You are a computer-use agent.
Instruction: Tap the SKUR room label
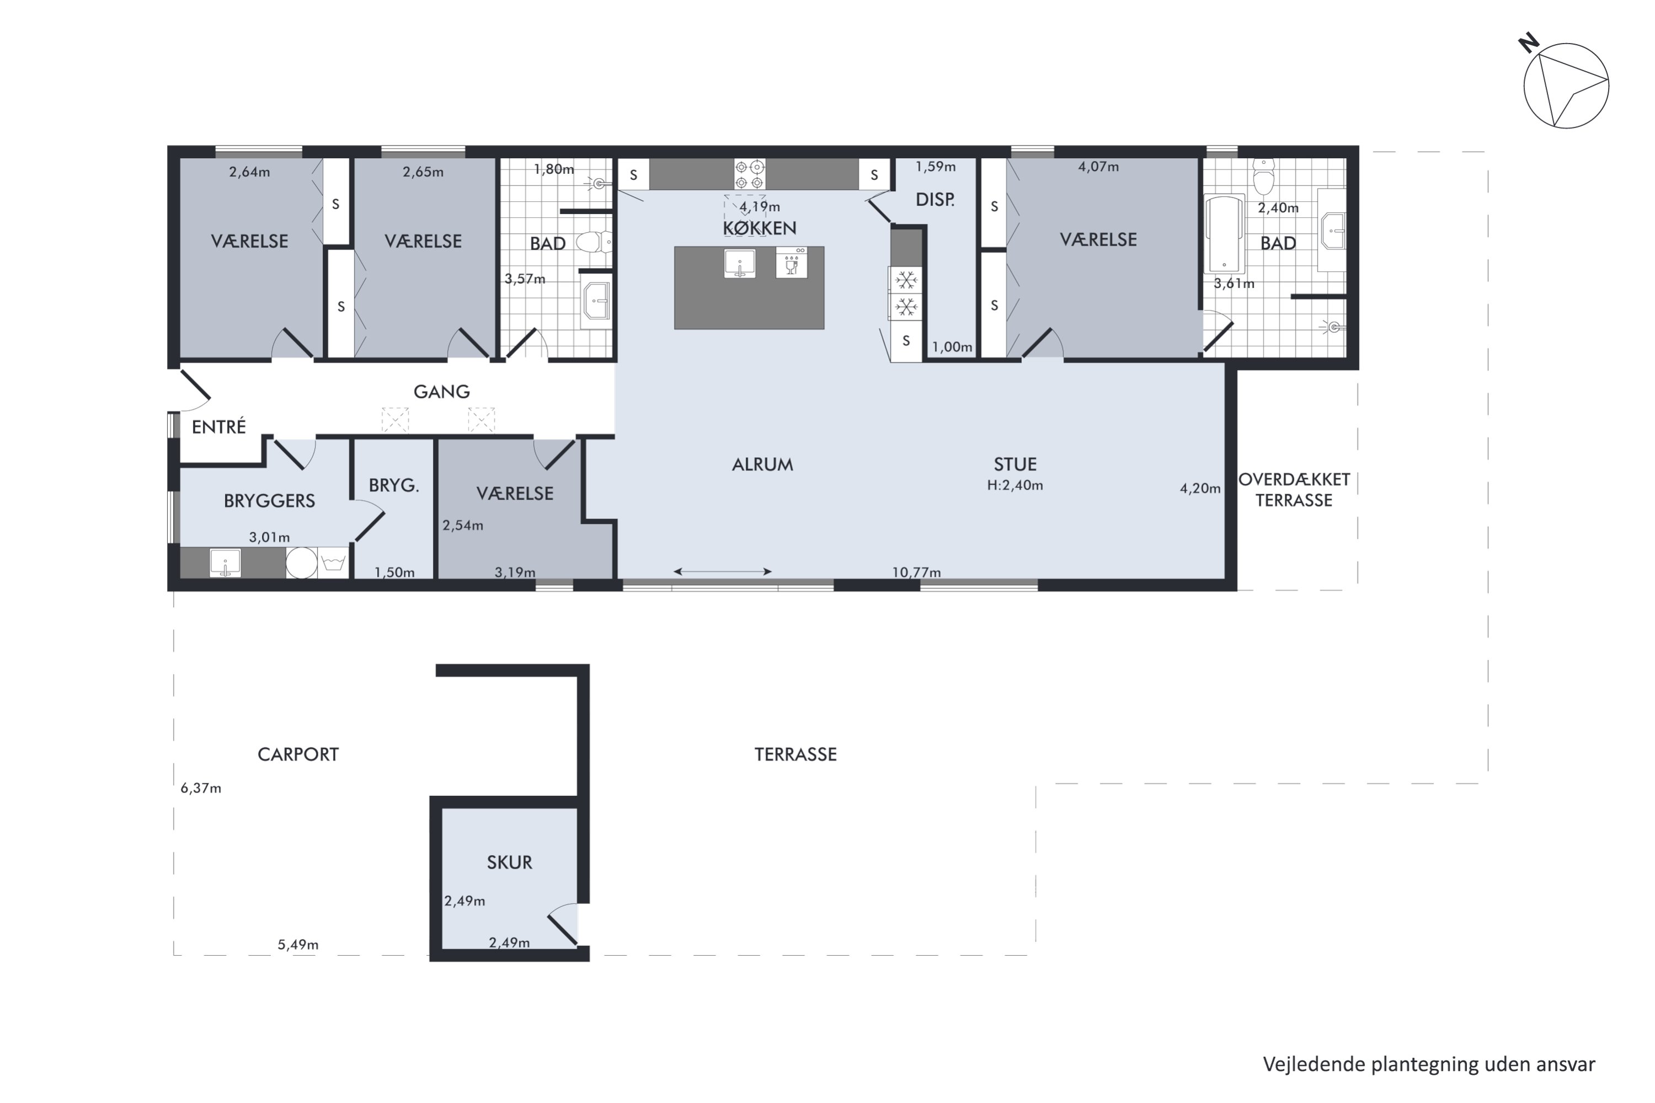click(509, 863)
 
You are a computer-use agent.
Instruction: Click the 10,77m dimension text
click(916, 572)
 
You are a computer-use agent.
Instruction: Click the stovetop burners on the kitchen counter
click(749, 174)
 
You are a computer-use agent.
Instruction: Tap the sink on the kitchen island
click(740, 263)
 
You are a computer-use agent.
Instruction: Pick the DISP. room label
click(935, 200)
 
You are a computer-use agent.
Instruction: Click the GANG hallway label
click(441, 392)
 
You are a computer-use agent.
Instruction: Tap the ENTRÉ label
click(219, 426)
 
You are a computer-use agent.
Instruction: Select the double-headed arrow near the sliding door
click(723, 571)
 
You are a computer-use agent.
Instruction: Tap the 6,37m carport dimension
click(201, 789)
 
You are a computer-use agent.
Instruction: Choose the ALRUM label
click(763, 464)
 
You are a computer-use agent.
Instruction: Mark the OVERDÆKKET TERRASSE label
click(1294, 490)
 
